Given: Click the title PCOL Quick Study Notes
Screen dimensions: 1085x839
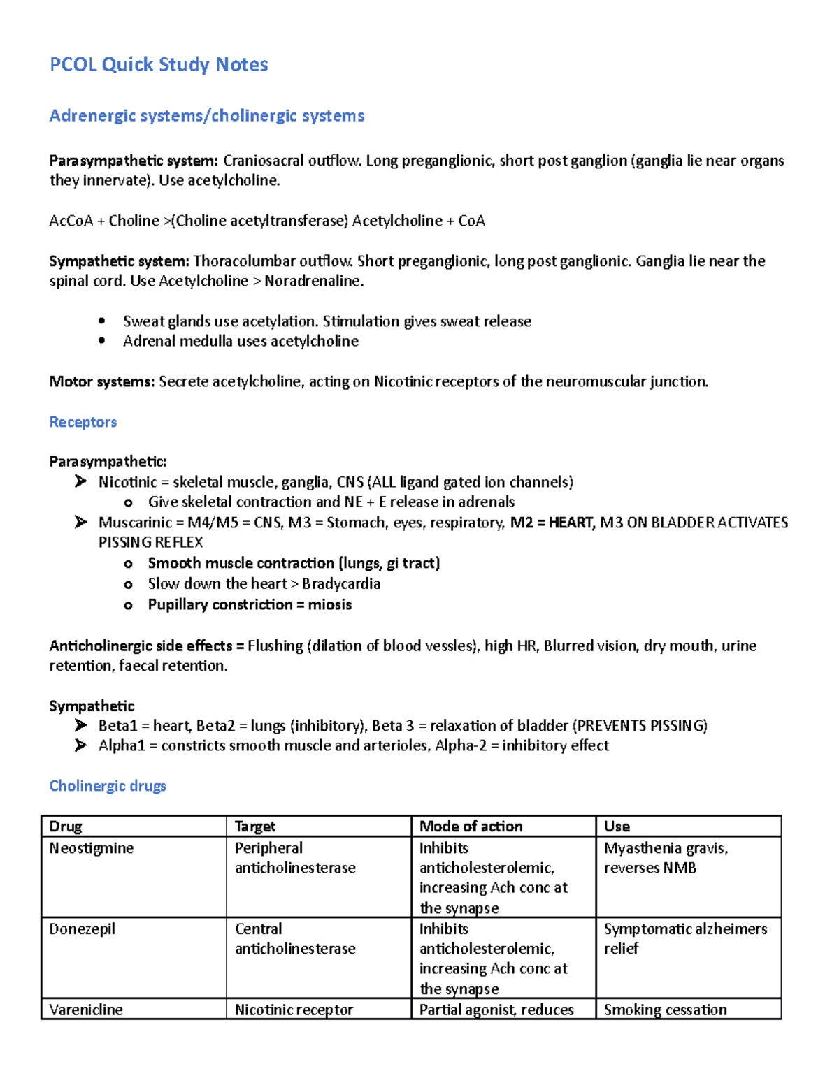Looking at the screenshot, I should coord(159,65).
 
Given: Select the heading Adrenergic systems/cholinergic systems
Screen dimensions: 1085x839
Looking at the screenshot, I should coord(207,116).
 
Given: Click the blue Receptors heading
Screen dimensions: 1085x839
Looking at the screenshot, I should coord(83,422).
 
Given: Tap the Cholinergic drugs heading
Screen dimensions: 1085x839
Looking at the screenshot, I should coord(108,786).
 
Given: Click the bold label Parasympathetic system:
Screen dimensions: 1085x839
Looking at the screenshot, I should coord(134,161).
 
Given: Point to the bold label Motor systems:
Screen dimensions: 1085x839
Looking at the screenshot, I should coord(101,381).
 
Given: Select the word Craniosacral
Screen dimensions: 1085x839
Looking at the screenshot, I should coord(264,161).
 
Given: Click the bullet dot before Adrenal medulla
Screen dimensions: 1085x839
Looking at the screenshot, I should coord(102,341).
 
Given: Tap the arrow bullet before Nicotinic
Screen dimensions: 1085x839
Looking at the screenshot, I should coord(81,481).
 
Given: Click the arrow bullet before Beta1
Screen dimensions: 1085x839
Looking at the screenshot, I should coord(81,725).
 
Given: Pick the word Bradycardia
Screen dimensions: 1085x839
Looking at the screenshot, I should coord(341,583).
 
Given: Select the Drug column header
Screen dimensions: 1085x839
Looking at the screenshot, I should coord(66,827).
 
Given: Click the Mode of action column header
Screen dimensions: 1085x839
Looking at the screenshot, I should coord(471,827).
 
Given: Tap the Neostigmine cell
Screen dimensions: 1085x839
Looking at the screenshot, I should coord(92,848).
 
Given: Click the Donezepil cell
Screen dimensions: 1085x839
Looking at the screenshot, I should coord(83,929).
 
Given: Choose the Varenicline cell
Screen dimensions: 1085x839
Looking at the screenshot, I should coord(86,1010).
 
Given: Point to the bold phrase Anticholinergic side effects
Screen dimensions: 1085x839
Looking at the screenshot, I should coord(141,646).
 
